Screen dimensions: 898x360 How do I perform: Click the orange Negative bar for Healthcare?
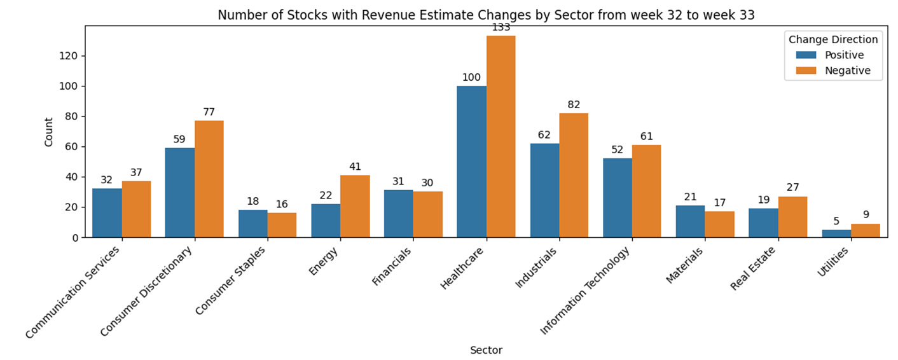[501, 136]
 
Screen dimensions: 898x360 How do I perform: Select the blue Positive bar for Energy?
[326, 221]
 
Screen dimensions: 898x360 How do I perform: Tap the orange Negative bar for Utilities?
[866, 230]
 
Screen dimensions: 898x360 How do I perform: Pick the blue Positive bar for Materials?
[690, 221]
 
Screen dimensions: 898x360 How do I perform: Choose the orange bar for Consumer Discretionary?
[209, 179]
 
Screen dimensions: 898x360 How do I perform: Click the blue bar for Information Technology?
[618, 198]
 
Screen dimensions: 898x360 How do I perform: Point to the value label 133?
[501, 27]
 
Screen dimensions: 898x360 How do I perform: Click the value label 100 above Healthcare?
[471, 78]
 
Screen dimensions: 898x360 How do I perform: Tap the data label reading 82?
[574, 105]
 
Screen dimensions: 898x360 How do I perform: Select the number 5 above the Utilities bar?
[836, 221]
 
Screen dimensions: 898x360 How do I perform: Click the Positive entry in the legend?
[830, 55]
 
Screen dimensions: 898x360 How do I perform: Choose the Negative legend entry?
[833, 71]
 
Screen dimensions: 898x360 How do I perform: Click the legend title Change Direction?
[833, 39]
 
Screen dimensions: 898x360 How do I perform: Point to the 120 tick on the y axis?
[68, 56]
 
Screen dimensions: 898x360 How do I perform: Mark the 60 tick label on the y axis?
[71, 147]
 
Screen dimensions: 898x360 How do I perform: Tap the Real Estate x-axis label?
[753, 268]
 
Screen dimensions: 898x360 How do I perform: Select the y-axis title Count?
[48, 132]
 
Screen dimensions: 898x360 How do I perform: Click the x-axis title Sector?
[487, 350]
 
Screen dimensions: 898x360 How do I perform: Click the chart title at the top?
[487, 15]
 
